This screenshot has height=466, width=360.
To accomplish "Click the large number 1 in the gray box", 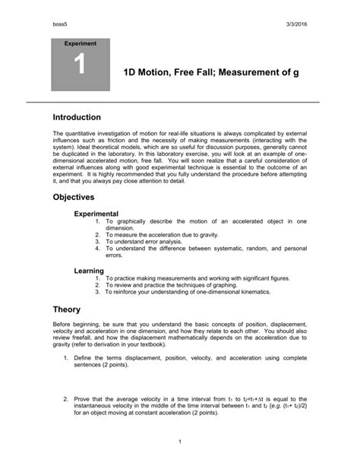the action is pos(79,67).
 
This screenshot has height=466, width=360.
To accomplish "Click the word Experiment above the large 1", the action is pos(79,44).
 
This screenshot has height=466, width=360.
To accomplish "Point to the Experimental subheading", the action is pos(96,214).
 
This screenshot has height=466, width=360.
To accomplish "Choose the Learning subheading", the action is pos(88,271).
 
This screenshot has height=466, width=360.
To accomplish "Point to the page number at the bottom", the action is pos(179,441).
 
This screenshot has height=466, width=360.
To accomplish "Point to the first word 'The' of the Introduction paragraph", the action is pos(58,133).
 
